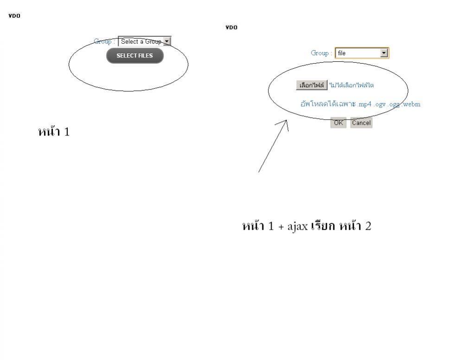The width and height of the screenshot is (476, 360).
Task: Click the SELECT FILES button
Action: [x=135, y=56]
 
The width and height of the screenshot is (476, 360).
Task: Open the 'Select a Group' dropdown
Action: [x=141, y=41]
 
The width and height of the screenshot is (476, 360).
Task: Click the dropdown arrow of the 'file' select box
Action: [x=384, y=53]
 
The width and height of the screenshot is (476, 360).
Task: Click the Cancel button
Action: [x=361, y=123]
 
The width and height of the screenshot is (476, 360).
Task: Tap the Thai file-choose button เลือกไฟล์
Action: [x=312, y=85]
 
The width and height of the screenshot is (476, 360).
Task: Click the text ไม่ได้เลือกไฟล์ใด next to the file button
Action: [x=352, y=85]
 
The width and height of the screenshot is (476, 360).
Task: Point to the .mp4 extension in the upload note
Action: [x=365, y=104]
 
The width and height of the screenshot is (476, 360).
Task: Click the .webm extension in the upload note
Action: [x=411, y=104]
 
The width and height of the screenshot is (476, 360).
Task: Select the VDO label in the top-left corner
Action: [x=14, y=16]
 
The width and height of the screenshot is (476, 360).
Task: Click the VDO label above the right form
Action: [x=231, y=27]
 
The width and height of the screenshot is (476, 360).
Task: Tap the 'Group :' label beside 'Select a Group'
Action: [x=104, y=41]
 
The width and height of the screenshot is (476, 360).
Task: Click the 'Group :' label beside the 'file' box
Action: [x=321, y=53]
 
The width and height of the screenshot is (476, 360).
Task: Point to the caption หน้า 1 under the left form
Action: [x=54, y=132]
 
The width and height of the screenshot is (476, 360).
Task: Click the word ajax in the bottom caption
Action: [x=298, y=227]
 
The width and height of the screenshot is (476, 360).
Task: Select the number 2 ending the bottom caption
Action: [x=368, y=226]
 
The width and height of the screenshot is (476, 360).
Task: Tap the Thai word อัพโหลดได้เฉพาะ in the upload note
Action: [x=328, y=104]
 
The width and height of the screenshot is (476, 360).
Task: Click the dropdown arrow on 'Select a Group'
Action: [x=167, y=41]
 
